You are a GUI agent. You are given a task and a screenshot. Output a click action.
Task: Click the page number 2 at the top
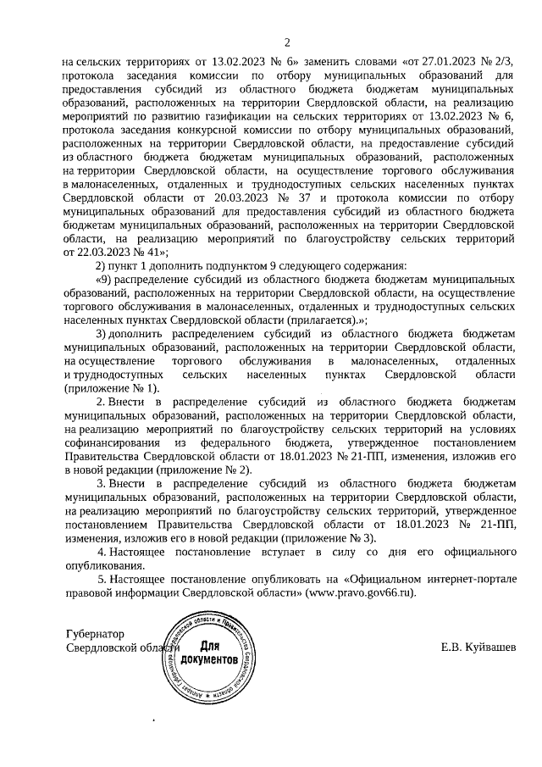(x=287, y=43)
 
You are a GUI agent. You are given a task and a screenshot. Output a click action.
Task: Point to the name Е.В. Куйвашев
(x=478, y=648)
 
